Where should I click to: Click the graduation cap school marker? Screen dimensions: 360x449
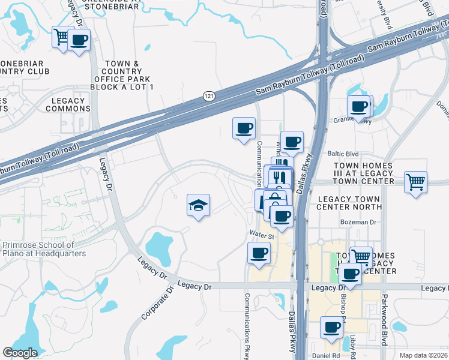click(x=199, y=206)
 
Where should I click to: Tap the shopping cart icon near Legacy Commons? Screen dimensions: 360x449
click(x=62, y=38)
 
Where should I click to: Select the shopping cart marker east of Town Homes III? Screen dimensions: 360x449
click(x=416, y=181)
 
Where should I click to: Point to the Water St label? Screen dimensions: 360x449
click(x=262, y=236)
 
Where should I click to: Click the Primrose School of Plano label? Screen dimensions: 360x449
click(x=44, y=249)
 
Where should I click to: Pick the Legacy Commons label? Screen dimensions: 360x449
click(x=68, y=104)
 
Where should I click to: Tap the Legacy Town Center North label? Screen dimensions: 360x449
click(x=350, y=203)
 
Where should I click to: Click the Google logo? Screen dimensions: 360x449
click(x=20, y=353)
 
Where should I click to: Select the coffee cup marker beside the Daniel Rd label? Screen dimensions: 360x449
click(x=331, y=327)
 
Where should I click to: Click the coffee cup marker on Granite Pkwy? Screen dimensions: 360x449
click(x=360, y=107)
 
